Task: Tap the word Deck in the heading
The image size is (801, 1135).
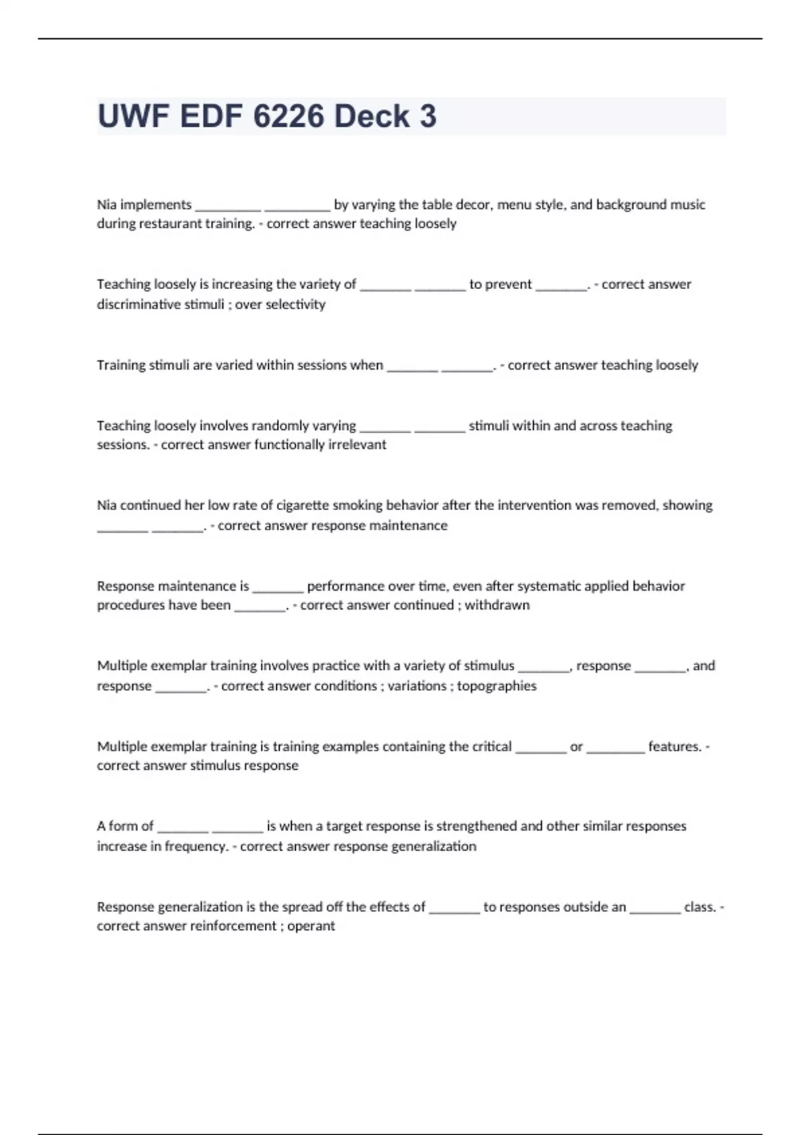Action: click(x=371, y=116)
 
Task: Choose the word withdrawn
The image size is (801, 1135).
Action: click(x=497, y=606)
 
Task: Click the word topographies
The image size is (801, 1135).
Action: click(x=497, y=686)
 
